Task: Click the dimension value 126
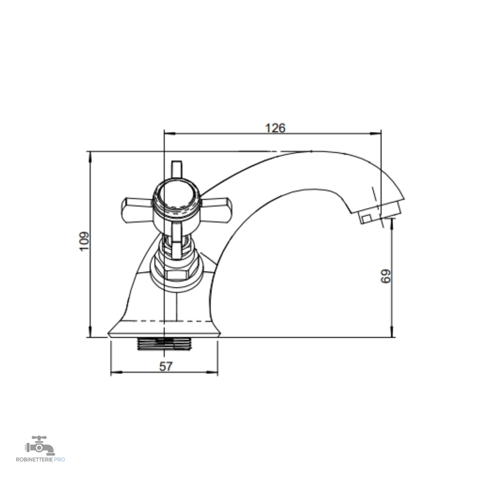click(275, 128)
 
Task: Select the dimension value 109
click(85, 241)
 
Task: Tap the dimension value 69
click(386, 276)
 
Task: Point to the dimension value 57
click(166, 366)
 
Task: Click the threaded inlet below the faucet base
click(163, 344)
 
